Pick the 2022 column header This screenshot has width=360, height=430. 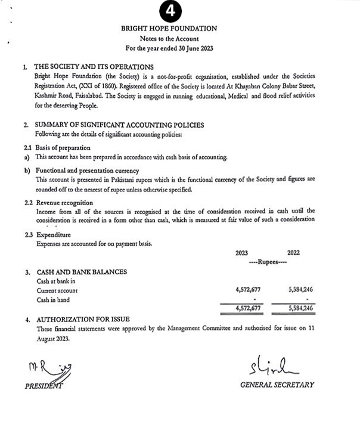coord(294,253)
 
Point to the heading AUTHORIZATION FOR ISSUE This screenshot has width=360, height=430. coord(83,320)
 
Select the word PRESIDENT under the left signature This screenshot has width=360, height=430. coord(44,386)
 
